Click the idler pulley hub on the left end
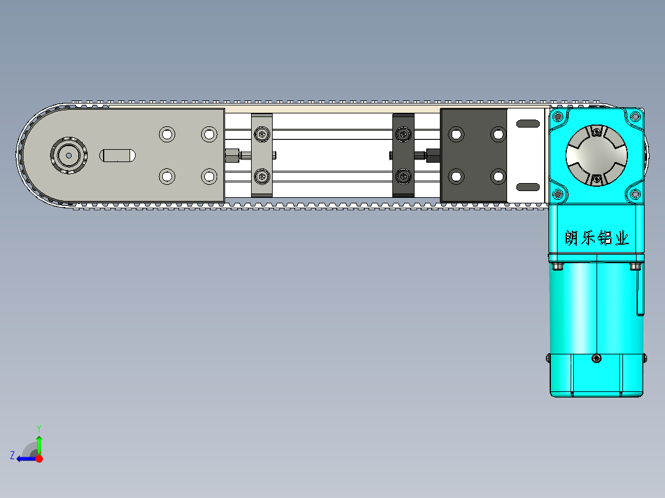[x=68, y=155]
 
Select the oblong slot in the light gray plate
[x=117, y=155]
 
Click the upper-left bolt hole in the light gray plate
[x=167, y=134]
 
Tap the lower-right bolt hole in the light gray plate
[x=209, y=176]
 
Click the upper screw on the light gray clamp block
[x=262, y=134]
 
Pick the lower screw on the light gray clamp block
[x=262, y=176]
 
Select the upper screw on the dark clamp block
[x=403, y=134]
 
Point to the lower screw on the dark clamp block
[x=403, y=176]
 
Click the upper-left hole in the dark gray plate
[x=456, y=134]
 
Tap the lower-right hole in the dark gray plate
[x=498, y=176]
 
